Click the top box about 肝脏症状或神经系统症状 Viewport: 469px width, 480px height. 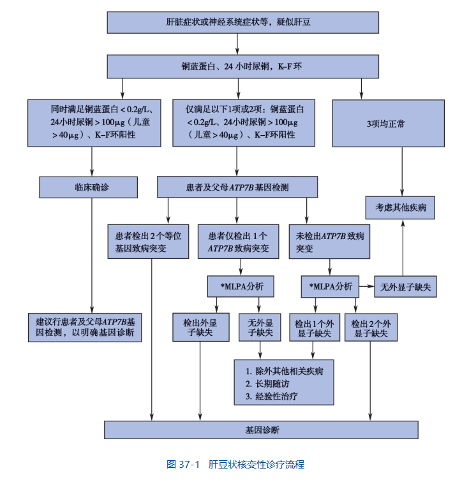click(x=237, y=22)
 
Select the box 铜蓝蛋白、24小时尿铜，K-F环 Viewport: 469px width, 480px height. click(x=237, y=66)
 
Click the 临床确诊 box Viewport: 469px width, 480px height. click(x=89, y=187)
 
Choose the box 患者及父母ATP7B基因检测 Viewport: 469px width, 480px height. click(x=237, y=187)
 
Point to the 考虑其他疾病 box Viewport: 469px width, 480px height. click(x=401, y=207)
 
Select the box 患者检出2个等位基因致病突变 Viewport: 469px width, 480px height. click(x=148, y=241)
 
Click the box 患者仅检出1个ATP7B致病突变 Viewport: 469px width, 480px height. click(x=237, y=241)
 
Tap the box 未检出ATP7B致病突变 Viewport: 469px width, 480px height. click(x=329, y=241)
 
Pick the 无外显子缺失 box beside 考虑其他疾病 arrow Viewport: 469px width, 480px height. click(x=406, y=287)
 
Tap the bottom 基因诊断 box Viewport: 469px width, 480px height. click(x=262, y=430)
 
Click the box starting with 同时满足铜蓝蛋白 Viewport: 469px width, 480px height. click(x=93, y=123)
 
